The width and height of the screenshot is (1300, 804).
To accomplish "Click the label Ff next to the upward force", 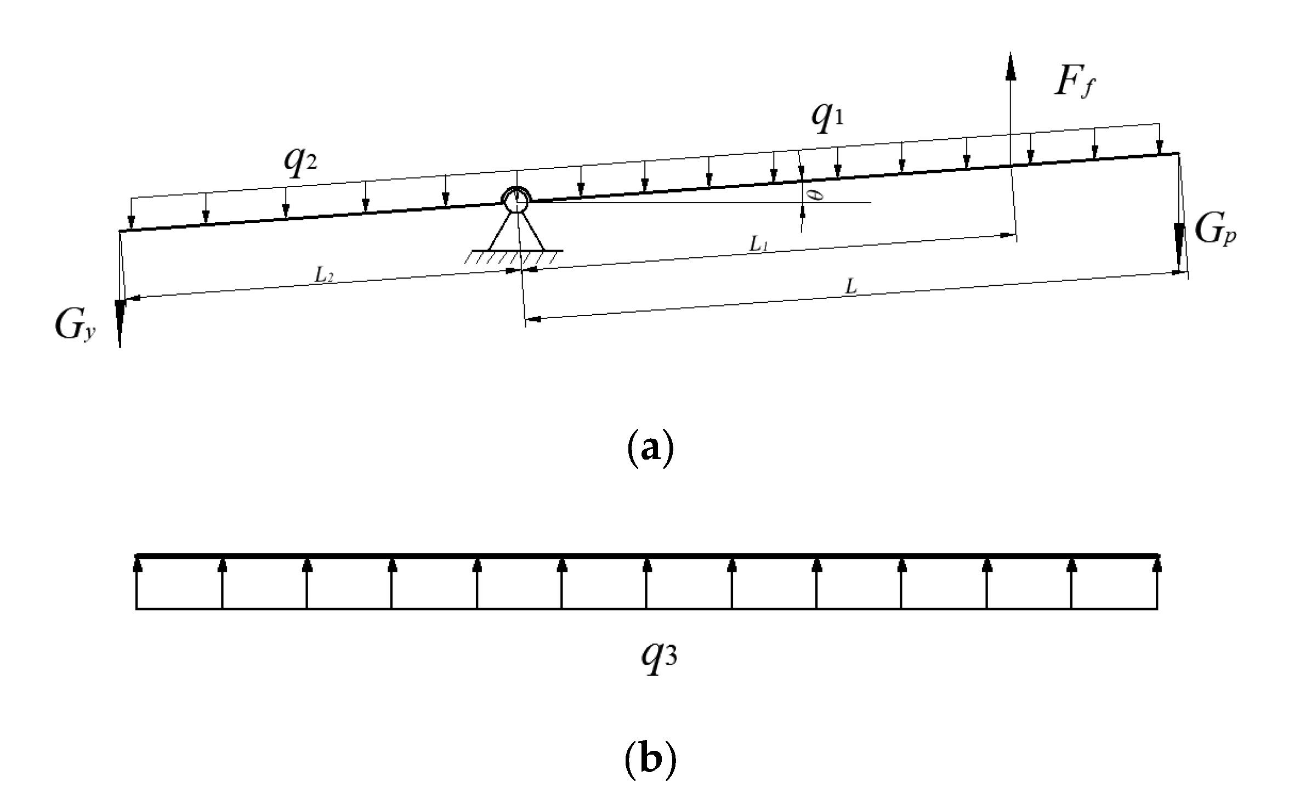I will point(1075,83).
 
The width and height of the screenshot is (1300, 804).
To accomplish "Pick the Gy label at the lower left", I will point(74,328).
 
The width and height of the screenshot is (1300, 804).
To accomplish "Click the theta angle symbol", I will point(818,195).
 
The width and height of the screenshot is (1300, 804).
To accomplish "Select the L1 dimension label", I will point(759,246).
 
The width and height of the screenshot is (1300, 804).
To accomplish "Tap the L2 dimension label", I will point(323,276).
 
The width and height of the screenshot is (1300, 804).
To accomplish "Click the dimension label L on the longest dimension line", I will point(850,287).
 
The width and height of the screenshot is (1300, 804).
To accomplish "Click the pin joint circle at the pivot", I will point(515,201).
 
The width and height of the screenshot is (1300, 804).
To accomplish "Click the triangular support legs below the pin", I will point(515,233).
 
